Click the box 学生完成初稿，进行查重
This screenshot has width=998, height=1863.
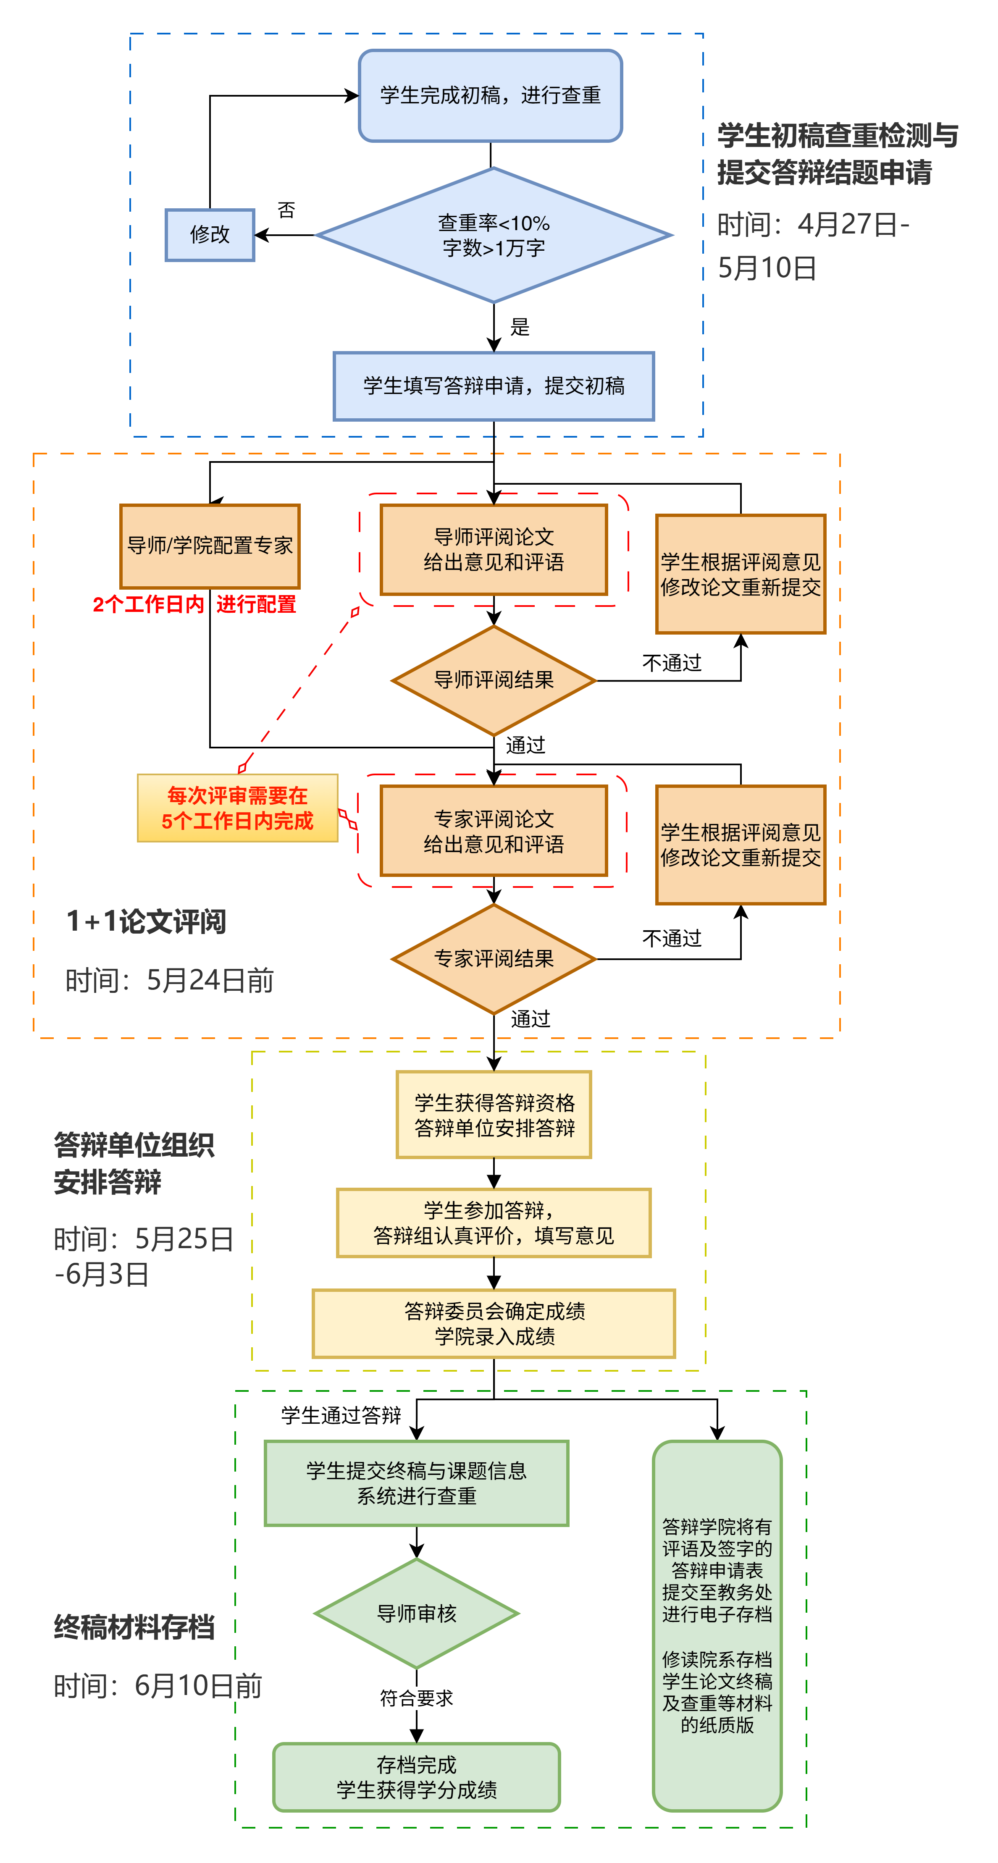[490, 95]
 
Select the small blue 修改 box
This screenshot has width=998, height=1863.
[210, 234]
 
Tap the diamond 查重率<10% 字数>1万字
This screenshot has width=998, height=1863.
[494, 235]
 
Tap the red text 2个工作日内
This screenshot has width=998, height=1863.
[148, 605]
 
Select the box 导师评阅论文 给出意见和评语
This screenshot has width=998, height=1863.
[494, 550]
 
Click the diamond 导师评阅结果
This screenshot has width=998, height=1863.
[494, 680]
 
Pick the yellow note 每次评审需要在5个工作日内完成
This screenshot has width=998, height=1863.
[237, 808]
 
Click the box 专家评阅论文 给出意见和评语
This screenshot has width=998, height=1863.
[494, 831]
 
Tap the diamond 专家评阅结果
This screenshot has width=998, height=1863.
[494, 959]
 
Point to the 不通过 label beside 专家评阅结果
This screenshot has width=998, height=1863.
[672, 939]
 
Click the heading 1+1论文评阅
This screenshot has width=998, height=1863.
[146, 921]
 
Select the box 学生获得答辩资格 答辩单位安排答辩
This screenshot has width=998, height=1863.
[494, 1115]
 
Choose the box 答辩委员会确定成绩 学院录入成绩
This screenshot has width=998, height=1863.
[494, 1323]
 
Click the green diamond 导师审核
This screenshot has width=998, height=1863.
[417, 1614]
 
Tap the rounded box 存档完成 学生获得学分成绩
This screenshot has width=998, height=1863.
[417, 1777]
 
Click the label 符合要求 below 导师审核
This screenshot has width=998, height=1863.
[417, 1698]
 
